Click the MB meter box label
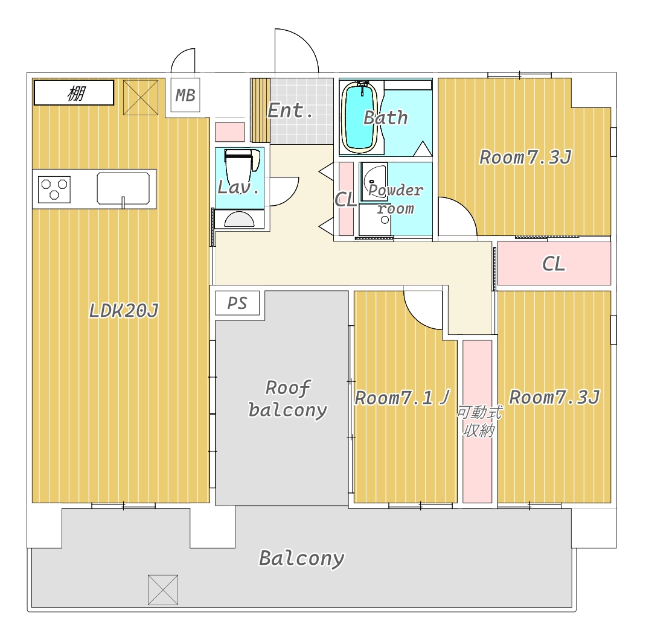pos(185,95)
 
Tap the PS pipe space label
pos(237,304)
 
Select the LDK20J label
pos(124,310)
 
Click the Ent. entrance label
pos(290,110)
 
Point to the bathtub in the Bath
pos(360,117)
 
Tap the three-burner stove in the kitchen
pos(54,189)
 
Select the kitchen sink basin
pos(123,189)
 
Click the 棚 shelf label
pos(76,93)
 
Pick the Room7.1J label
pos(402,398)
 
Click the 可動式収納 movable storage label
pos(479,421)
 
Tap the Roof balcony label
pos(287,399)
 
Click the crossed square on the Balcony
pos(163,590)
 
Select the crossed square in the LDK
pos(141,98)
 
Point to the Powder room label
pos(395,199)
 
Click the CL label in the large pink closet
pos(553,264)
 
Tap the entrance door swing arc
pos(304,40)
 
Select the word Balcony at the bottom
pos(302,558)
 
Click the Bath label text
pos(386,118)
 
